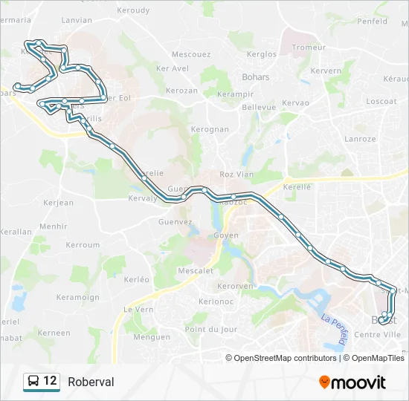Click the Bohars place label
pos(256,76)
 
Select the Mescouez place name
pos(191,54)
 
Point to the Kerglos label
pos(262,54)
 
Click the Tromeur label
pos(309,48)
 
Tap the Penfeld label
pos(372,22)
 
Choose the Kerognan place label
pos(210,129)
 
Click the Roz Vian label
pos(236,175)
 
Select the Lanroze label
pos(360,139)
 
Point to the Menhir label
pos(53,226)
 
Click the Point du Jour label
pos(211,329)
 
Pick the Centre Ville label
pos(377,335)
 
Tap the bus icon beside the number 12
pos(33,382)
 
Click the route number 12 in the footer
pos(50,381)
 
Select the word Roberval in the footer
pos(91,382)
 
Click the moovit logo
pos(352,382)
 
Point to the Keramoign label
pos(78,297)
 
